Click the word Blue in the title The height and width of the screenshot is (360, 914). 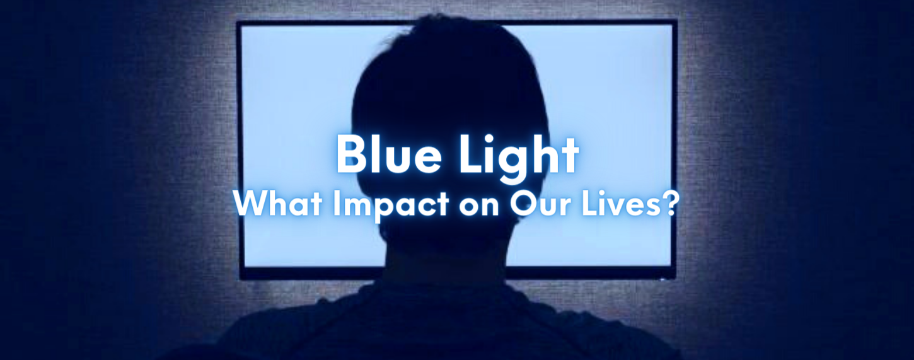click(x=383, y=156)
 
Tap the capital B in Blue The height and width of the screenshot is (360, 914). click(x=350, y=156)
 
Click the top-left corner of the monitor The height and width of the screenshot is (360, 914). click(x=238, y=22)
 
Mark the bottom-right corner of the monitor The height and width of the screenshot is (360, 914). click(x=675, y=278)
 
